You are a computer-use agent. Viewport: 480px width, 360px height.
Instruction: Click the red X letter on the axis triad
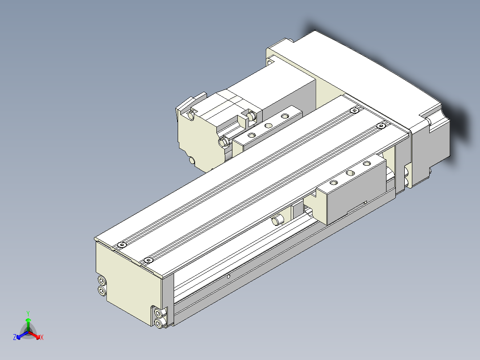41,338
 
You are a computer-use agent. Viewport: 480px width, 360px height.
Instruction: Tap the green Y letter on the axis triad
28,313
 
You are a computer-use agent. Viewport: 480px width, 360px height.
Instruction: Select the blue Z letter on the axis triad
15,338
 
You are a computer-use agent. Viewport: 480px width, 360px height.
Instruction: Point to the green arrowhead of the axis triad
28,320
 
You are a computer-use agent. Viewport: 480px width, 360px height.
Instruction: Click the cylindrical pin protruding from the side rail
278,220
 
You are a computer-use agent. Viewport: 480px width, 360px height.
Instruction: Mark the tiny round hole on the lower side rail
228,276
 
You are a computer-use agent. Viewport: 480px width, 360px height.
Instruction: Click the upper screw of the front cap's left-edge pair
102,281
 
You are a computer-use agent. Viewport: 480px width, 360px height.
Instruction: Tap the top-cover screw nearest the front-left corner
122,245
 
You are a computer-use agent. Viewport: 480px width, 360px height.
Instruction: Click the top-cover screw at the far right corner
380,126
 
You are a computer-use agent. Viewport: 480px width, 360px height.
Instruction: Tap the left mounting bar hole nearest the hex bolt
252,134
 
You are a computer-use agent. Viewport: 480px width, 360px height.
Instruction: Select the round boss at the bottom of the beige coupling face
192,160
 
